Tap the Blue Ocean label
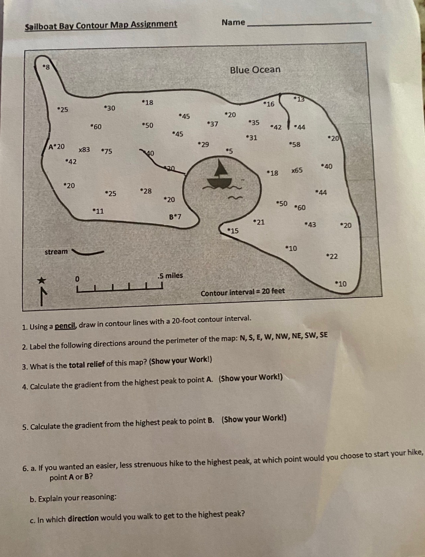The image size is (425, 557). pos(255,70)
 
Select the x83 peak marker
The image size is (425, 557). pos(84,150)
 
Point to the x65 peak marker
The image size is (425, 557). pos(297,170)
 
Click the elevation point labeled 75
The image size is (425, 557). pos(107,151)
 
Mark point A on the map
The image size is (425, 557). pos(52,146)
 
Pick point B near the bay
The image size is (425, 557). pos(171,216)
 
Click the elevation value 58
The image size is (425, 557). pos(295,144)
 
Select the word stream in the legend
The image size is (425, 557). pos(56,251)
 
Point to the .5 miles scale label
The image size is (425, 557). pos(170,275)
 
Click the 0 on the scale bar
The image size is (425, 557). pos(78,278)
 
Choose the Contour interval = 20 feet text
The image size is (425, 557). pos(242,293)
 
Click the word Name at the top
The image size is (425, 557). pos(233,22)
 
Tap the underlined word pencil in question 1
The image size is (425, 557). pos(64,326)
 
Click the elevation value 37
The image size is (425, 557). pos(212,124)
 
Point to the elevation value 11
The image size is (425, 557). pos(98,211)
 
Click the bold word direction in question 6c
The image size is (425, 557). pos(83,518)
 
